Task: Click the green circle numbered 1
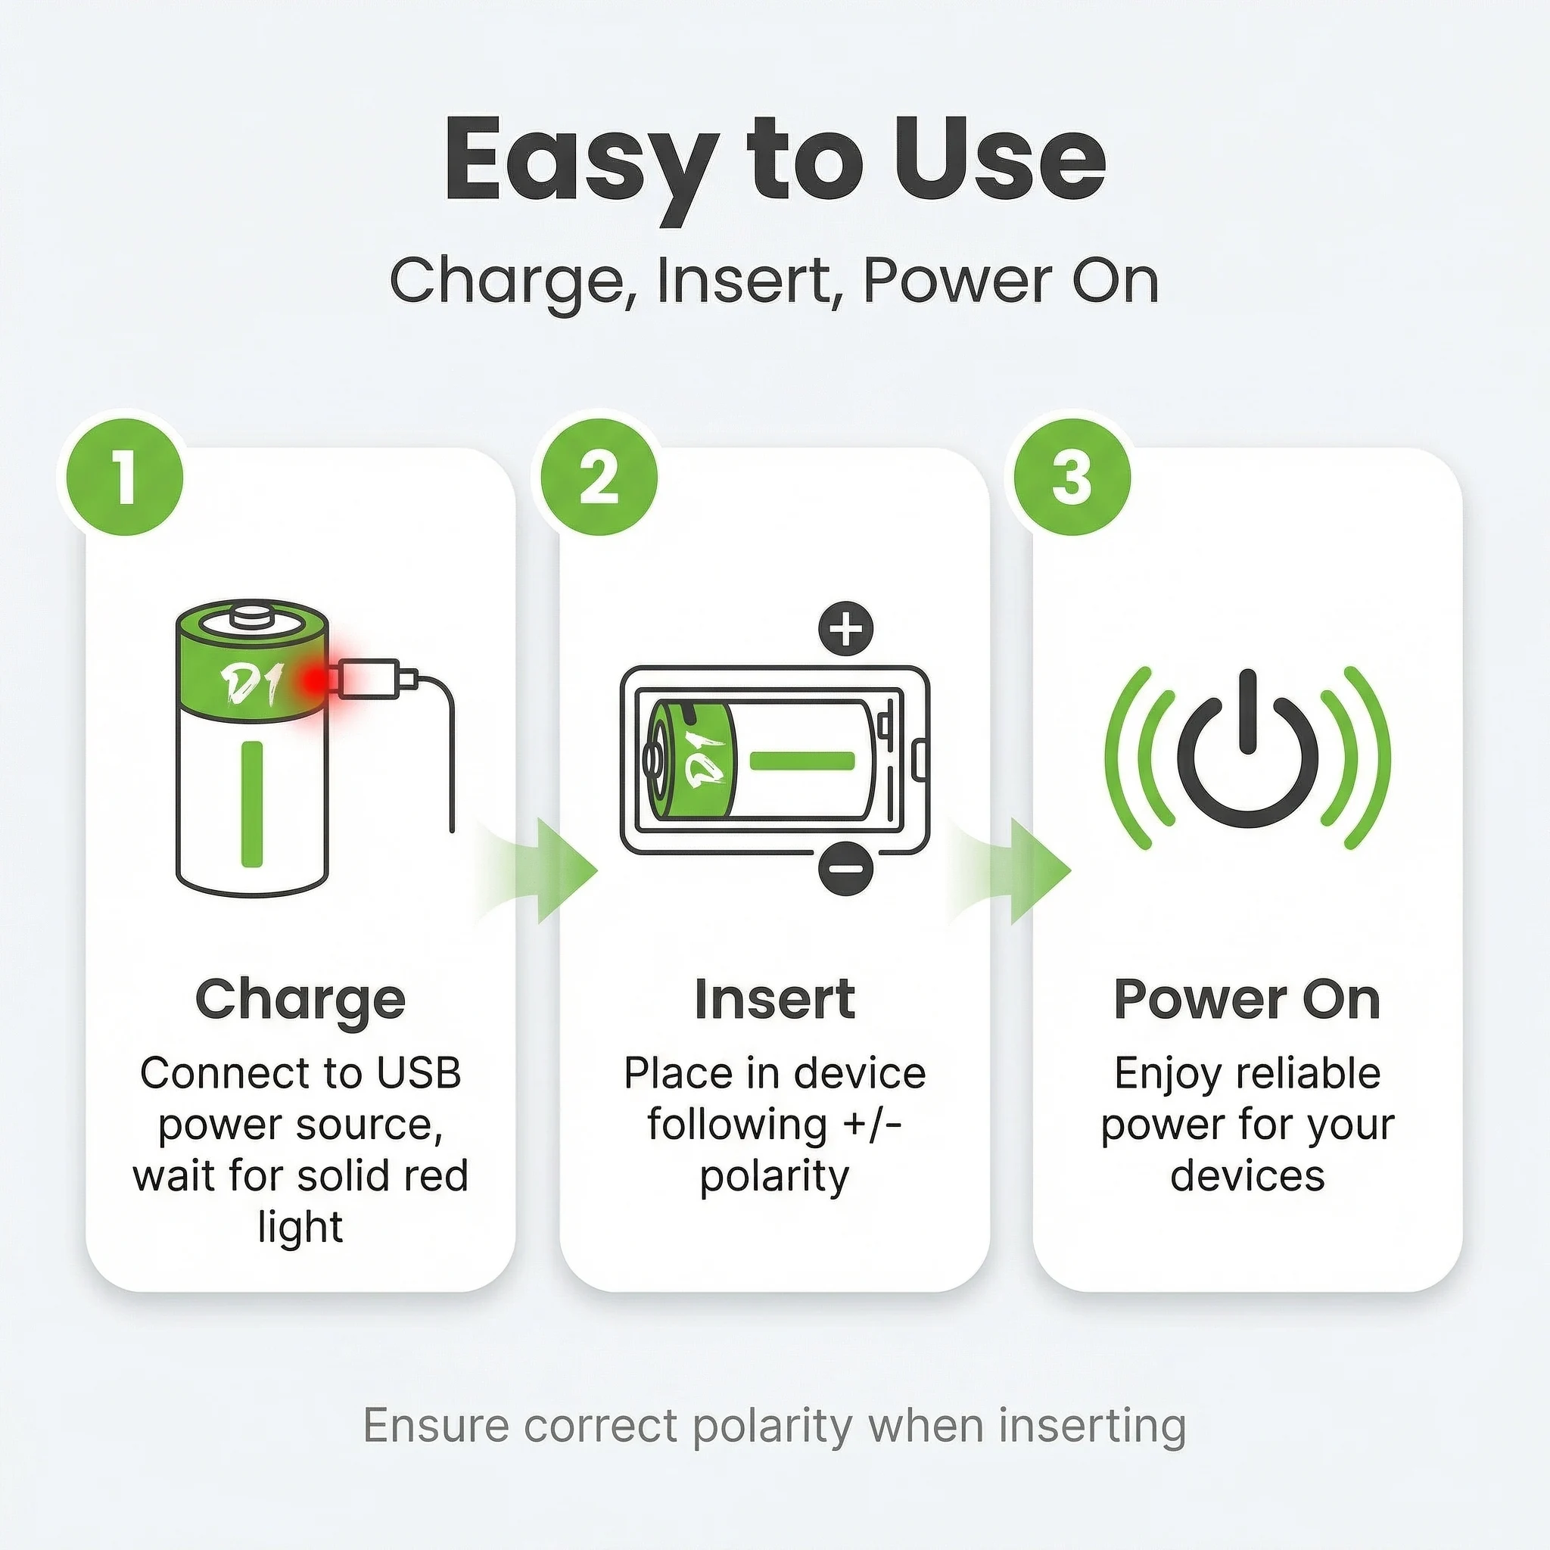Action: [x=124, y=477]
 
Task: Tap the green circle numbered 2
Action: [x=599, y=477]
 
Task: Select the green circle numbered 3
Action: [x=1072, y=477]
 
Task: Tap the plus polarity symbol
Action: [x=845, y=628]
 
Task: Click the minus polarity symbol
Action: [x=845, y=867]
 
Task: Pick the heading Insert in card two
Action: [x=775, y=1000]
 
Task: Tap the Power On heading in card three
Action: [x=1247, y=1000]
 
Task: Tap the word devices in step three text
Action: [x=1247, y=1176]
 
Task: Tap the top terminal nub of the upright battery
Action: [x=252, y=618]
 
